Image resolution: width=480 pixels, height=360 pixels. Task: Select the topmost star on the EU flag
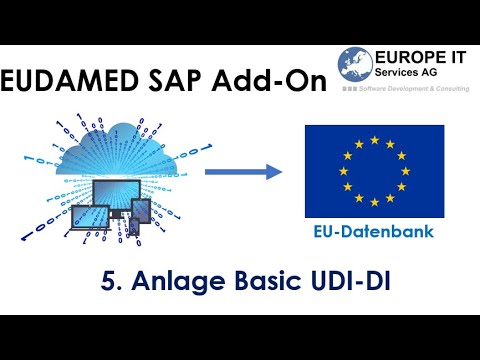tap(374, 140)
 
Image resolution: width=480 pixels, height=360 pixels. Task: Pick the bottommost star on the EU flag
tap(374, 201)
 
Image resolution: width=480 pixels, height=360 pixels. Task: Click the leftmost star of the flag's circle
tap(344, 171)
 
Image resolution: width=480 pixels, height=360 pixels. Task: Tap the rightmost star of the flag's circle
tap(405, 171)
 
